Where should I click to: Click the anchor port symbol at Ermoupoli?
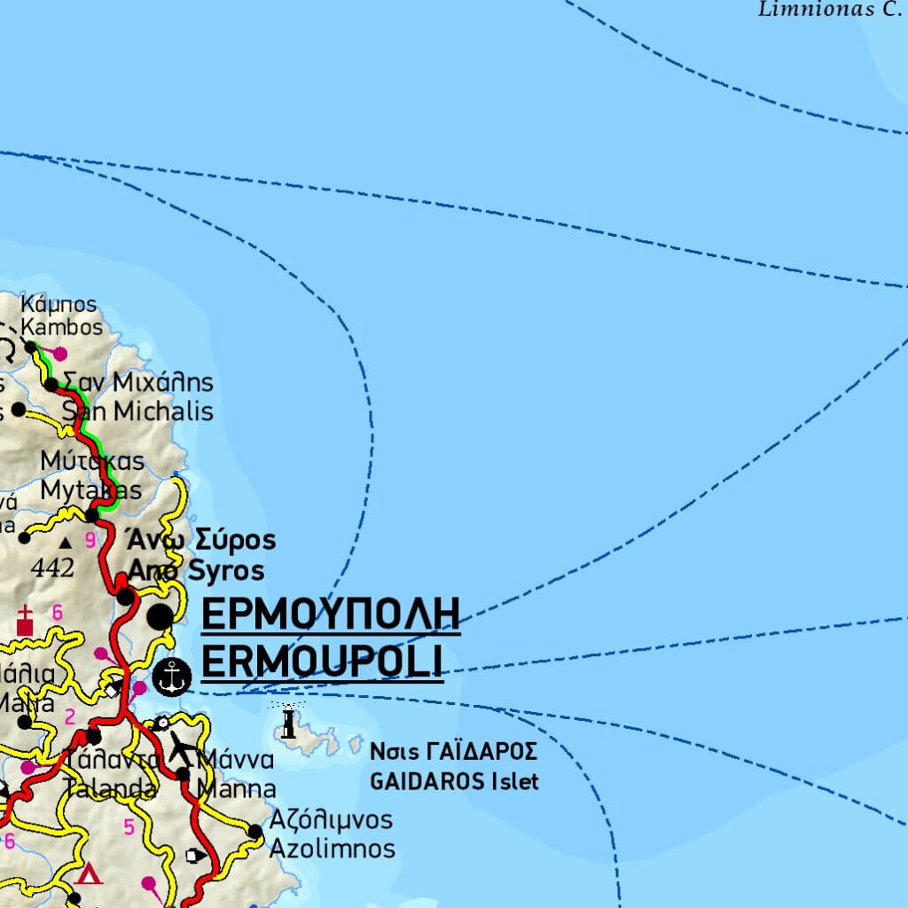tap(172, 677)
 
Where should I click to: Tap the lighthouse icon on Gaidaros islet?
tap(288, 723)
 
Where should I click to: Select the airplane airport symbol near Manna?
tap(184, 748)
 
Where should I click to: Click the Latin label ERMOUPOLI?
tap(322, 661)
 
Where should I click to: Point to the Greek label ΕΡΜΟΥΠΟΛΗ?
tap(331, 614)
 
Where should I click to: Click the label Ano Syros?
tap(196, 570)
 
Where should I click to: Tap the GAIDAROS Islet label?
tap(454, 782)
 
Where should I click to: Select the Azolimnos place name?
tap(332, 849)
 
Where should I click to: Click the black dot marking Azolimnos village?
tap(255, 832)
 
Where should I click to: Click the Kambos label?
tap(62, 327)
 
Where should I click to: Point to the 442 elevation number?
tap(52, 568)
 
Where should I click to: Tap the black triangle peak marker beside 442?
tap(65, 540)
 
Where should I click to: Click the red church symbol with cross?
tap(25, 621)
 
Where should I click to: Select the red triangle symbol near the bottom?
tap(88, 874)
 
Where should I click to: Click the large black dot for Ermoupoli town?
tap(160, 616)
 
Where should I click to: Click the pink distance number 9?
tap(90, 540)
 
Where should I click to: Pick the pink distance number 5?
tap(129, 828)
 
